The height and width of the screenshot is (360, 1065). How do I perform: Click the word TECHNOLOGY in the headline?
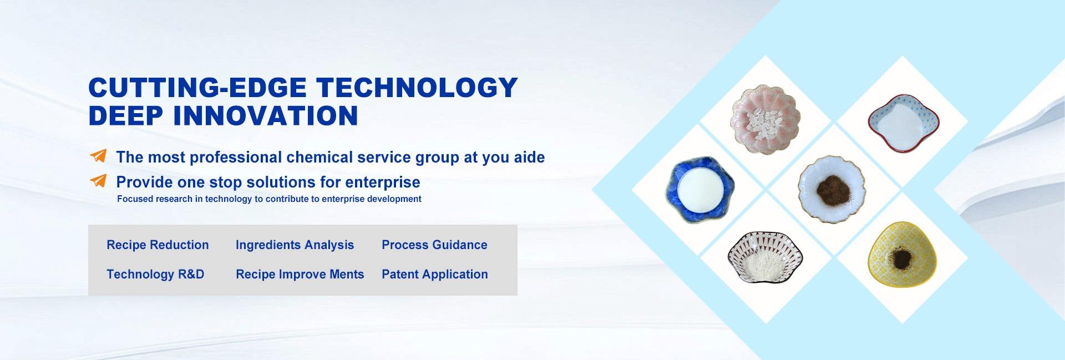(x=417, y=88)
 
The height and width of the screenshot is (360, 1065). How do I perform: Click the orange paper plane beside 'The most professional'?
(x=98, y=156)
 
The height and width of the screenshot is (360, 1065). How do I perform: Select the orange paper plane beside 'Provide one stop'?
(x=98, y=181)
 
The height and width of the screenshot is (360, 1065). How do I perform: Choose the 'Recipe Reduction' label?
(x=158, y=245)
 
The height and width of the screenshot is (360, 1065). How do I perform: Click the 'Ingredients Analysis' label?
(x=295, y=245)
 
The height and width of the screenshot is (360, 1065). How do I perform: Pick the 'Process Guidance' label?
(x=434, y=245)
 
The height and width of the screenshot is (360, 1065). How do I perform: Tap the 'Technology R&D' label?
(x=155, y=274)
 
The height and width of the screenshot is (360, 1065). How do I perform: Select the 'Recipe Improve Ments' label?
(x=300, y=274)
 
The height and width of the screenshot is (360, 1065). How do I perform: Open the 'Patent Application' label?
(x=435, y=274)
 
